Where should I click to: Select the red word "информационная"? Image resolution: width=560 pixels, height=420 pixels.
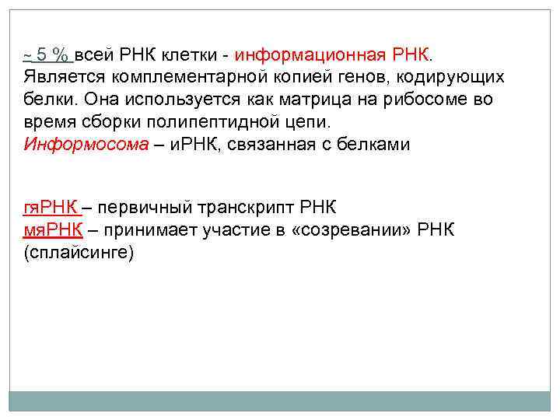[x=310, y=55]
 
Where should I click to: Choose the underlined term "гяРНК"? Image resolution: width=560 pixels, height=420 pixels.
[x=51, y=208]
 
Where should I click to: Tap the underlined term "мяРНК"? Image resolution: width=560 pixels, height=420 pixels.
[x=53, y=230]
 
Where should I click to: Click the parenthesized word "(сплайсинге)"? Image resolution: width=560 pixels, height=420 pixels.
[x=79, y=253]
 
